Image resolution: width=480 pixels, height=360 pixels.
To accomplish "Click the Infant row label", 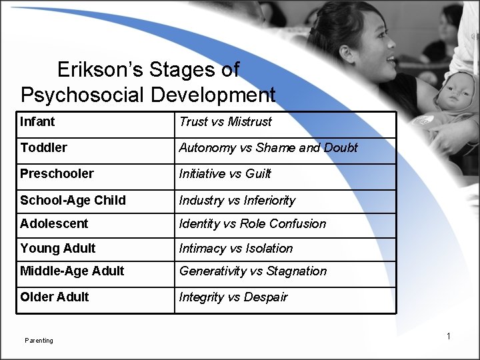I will coord(38,123).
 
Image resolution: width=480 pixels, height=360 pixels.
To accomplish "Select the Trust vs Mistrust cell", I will coord(225,123).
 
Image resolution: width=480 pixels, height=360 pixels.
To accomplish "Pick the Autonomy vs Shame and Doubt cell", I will coord(267,147).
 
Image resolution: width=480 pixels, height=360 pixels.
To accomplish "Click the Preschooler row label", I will coord(56,173).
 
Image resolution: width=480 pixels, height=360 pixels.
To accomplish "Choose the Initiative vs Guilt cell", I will coord(225,173).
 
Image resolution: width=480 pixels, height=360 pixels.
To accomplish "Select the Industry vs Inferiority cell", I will coord(237,200).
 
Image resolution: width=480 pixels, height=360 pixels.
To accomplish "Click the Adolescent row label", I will coord(54,223).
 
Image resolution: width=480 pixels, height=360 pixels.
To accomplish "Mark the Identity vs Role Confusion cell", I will coord(252,223).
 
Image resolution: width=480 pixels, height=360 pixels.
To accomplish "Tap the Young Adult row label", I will coord(58,248).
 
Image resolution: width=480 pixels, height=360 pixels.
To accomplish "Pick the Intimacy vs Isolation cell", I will coord(235,248).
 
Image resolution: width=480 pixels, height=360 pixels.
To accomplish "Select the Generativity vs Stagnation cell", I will coord(252,271).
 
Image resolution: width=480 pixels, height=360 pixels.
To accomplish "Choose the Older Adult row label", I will coord(55,297).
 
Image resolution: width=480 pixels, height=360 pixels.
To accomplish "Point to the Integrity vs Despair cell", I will coord(233,297).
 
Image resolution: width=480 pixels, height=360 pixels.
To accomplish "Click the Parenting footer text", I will coord(39,341).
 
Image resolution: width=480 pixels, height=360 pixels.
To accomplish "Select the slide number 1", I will coord(449,336).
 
